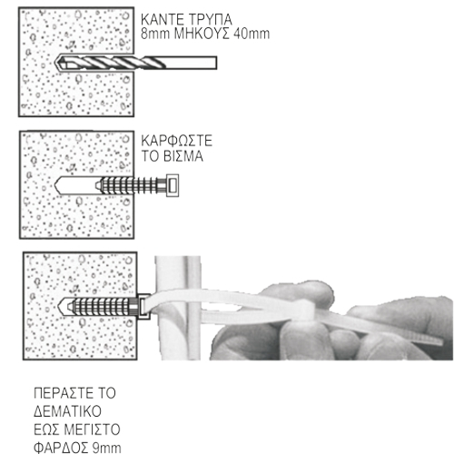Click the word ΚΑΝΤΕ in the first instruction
[x=163, y=20]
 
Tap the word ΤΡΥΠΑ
[x=210, y=20]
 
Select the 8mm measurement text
[x=155, y=34]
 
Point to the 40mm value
[x=252, y=34]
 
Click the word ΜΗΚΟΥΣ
[x=202, y=34]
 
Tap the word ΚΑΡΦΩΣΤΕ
[x=177, y=141]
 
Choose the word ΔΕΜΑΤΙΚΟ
[x=67, y=411]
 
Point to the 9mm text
[x=106, y=448]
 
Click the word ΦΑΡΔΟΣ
[x=61, y=448]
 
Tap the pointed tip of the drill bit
[x=56, y=64]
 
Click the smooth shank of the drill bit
[x=191, y=63]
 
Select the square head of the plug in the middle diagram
[x=172, y=185]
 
